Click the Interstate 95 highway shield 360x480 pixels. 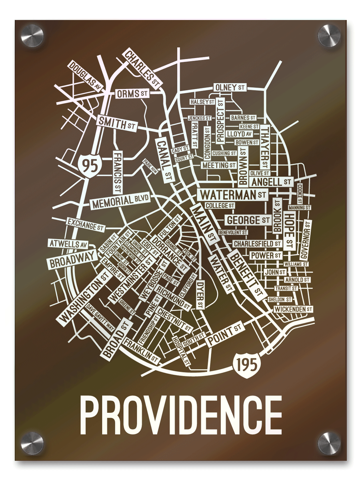[88, 164]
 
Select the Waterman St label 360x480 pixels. [233, 195]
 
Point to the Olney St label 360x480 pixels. [230, 87]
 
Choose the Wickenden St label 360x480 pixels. [293, 309]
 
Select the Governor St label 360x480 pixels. [306, 240]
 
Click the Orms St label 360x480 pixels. [132, 94]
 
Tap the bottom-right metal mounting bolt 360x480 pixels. [329, 443]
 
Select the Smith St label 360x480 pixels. [116, 124]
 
